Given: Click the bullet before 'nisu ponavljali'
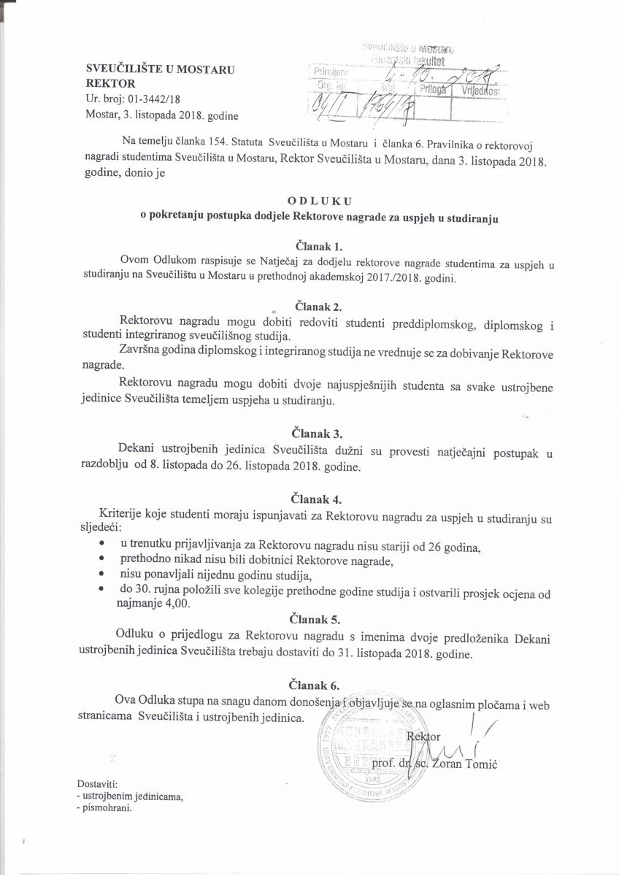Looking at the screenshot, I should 99,575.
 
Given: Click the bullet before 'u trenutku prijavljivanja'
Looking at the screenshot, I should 99,545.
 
